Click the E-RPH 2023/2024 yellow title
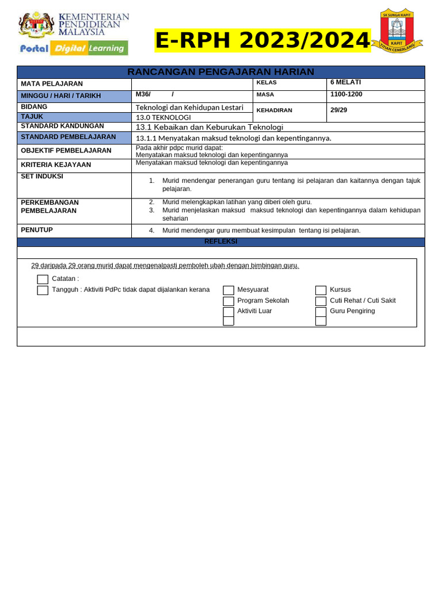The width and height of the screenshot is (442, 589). point(262,41)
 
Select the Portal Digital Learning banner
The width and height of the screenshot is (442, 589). point(73,48)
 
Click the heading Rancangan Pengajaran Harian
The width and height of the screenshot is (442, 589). point(220,72)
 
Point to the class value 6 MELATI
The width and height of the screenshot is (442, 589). point(345,82)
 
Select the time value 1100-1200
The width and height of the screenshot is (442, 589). point(346,94)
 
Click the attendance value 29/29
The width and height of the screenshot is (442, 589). point(338,109)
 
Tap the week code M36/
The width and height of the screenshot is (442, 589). point(143,94)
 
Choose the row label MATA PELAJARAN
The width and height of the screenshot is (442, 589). point(52,84)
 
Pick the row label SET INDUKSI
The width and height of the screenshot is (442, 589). point(42,177)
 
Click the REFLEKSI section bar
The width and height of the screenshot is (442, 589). point(220,242)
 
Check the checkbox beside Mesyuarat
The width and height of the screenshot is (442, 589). point(228,290)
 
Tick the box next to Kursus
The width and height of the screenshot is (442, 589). point(321,290)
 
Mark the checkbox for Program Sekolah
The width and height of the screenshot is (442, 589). point(228,301)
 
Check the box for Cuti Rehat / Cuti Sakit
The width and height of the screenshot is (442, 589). point(321,301)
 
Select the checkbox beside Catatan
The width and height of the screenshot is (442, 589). point(43,280)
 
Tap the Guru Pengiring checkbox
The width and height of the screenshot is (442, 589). point(321,312)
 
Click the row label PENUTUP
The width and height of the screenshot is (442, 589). point(37,230)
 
